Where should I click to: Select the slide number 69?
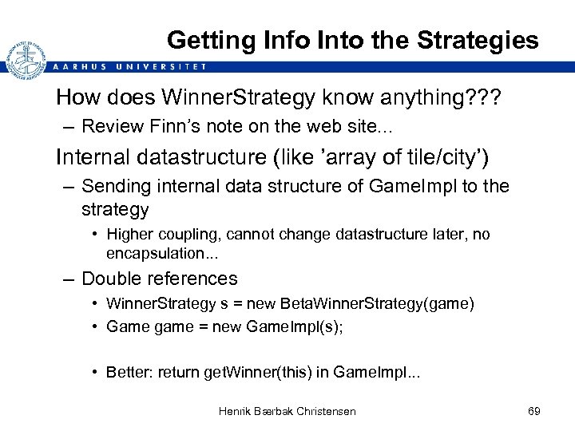[534, 411]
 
